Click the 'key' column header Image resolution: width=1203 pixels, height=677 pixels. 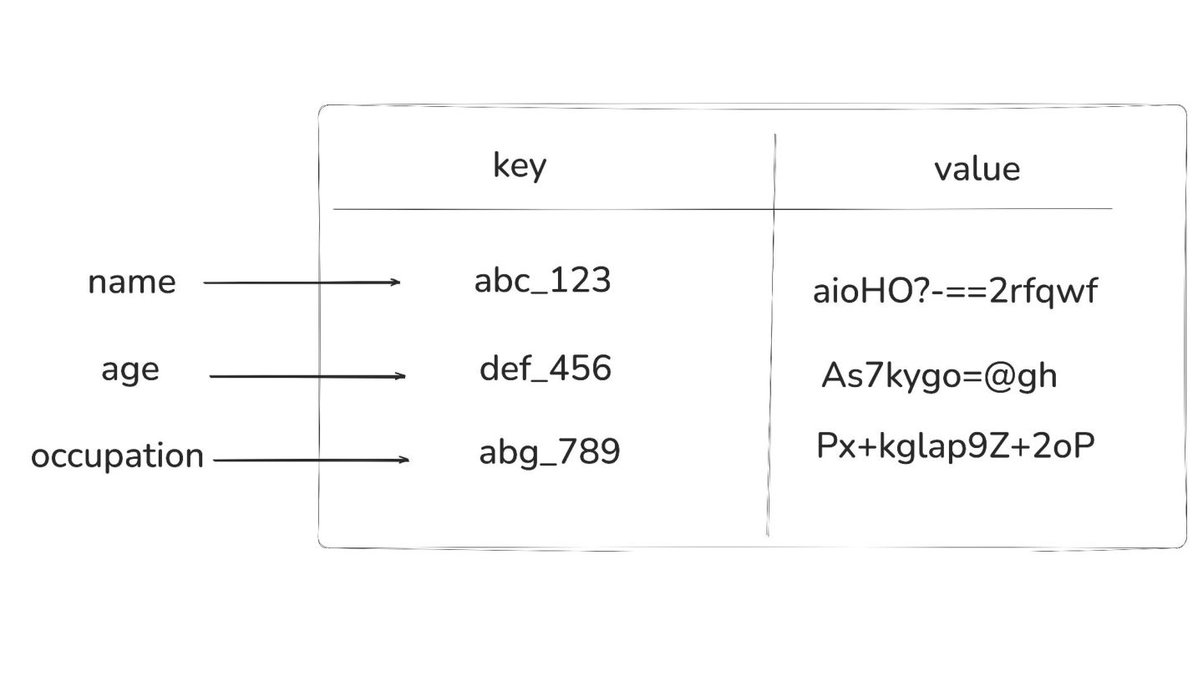[x=519, y=165]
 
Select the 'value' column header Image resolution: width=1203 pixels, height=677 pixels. [x=977, y=169]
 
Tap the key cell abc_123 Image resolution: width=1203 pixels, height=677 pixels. [x=542, y=281]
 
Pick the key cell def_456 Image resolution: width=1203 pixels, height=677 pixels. [x=545, y=369]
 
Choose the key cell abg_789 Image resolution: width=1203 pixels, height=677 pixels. [x=549, y=452]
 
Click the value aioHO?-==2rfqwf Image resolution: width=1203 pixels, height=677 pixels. [x=954, y=292]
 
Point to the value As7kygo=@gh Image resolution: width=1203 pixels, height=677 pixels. [x=939, y=376]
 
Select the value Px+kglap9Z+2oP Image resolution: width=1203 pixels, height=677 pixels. [x=955, y=447]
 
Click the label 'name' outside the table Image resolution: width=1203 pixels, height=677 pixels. [x=131, y=283]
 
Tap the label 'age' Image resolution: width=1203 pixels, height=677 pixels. [x=129, y=369]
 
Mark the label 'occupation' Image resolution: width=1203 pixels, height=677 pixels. [x=117, y=456]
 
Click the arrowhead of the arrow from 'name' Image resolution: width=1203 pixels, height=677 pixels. [x=396, y=283]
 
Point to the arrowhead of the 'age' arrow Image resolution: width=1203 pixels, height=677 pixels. [x=401, y=376]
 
